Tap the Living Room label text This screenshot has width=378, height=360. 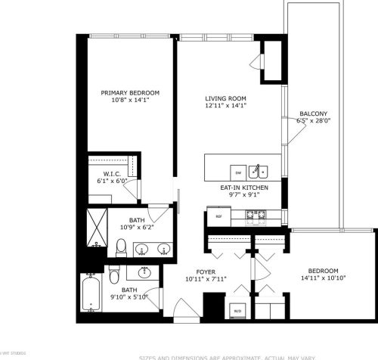pos(225,98)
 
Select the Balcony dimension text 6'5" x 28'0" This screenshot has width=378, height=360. pos(314,120)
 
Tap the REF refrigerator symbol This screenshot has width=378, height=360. pos(219,216)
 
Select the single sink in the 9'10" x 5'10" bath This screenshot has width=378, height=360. pos(145,273)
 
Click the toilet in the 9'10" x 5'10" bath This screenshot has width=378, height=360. pos(113,272)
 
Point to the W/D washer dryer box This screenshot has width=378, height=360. pos(237,310)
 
